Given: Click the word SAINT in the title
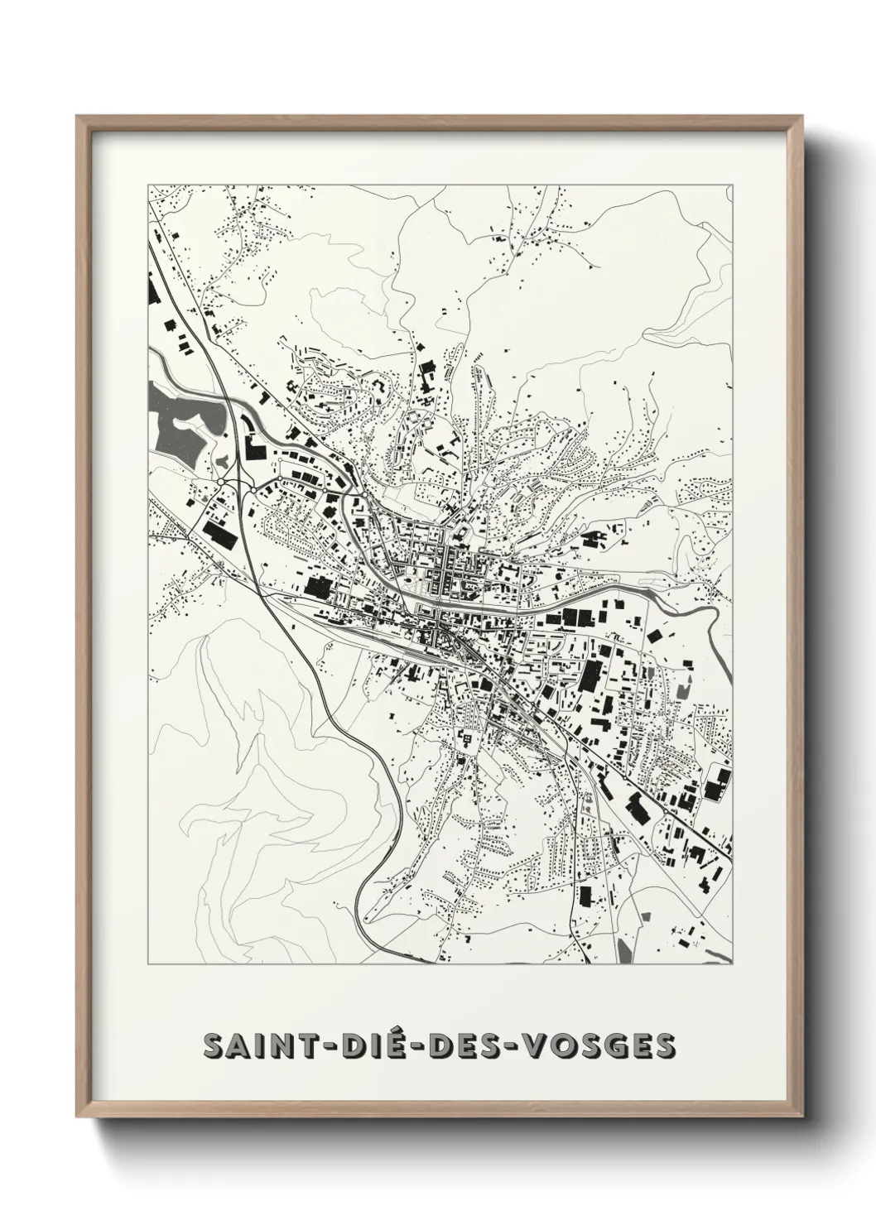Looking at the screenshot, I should [x=252, y=1045].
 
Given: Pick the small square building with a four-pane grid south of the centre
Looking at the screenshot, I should [x=467, y=737].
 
